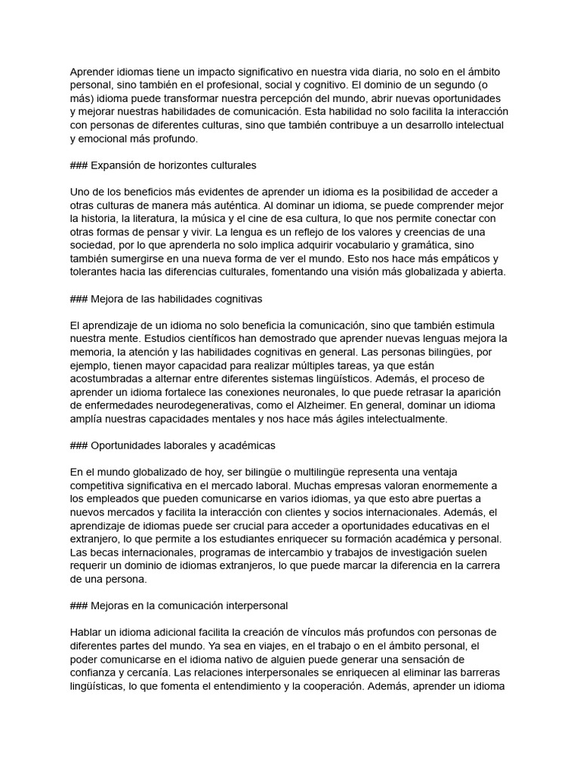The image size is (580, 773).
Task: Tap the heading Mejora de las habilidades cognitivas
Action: click(x=176, y=300)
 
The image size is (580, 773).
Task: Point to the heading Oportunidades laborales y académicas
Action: click(x=183, y=445)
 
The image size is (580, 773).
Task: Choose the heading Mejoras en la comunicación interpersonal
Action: click(x=189, y=605)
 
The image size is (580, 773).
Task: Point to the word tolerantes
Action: click(x=98, y=272)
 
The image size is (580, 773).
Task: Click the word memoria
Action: click(x=94, y=352)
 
